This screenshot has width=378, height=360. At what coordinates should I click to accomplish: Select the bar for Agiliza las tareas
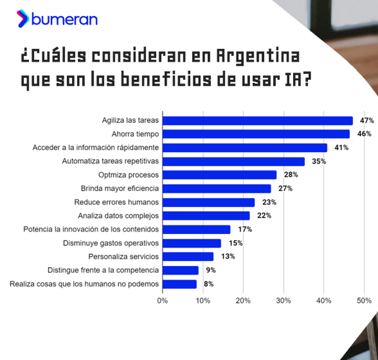258,121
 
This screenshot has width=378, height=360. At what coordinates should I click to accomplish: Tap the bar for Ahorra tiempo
256,134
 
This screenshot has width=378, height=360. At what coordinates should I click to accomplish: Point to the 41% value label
341,148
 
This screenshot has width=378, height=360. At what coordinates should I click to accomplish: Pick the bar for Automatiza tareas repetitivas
234,161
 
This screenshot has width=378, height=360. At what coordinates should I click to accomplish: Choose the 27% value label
286,189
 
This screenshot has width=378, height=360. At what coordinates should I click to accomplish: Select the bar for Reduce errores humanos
209,202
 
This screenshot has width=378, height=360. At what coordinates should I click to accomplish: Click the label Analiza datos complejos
118,215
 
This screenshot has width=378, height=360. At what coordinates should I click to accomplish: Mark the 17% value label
245,229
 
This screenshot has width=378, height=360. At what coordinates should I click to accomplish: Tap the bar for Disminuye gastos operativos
192,243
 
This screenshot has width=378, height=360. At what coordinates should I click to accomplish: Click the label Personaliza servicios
123,256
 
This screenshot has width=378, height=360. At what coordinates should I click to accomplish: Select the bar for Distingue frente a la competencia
181,270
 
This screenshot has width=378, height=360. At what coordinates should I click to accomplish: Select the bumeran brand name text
64,20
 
